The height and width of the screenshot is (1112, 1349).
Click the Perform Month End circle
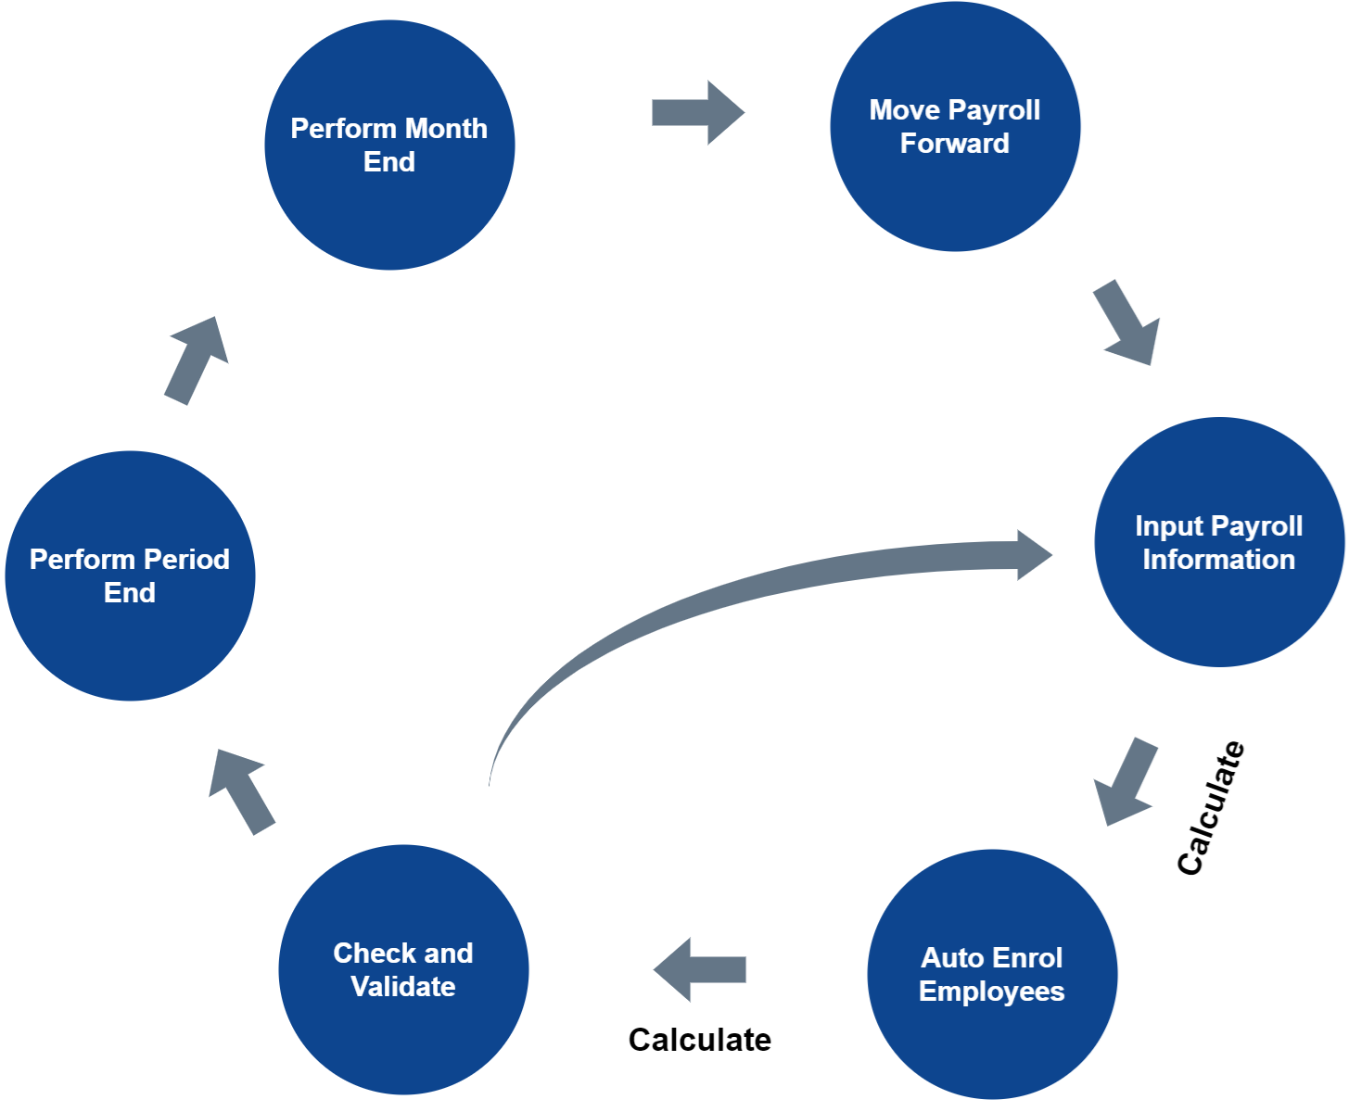389,145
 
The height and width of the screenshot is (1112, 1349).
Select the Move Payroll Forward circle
955,126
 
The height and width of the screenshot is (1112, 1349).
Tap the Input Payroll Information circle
1219,542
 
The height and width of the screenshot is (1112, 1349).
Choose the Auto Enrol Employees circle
992,974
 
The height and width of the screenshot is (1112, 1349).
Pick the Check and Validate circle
403,969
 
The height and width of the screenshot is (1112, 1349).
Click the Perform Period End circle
130,575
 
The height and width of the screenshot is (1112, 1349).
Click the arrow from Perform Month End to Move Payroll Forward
697,112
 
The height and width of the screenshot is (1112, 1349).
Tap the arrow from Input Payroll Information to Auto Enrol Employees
1126,782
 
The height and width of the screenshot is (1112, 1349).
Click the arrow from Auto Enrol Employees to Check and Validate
699,969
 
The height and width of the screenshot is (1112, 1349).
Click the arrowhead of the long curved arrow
1032,555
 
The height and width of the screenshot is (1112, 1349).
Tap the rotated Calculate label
1211,808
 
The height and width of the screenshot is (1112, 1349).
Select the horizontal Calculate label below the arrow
700,1040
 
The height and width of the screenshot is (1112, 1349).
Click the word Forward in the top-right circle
955,144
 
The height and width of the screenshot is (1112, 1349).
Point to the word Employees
992,992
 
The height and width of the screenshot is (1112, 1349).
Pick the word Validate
403,987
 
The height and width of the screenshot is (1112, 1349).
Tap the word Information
1219,560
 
